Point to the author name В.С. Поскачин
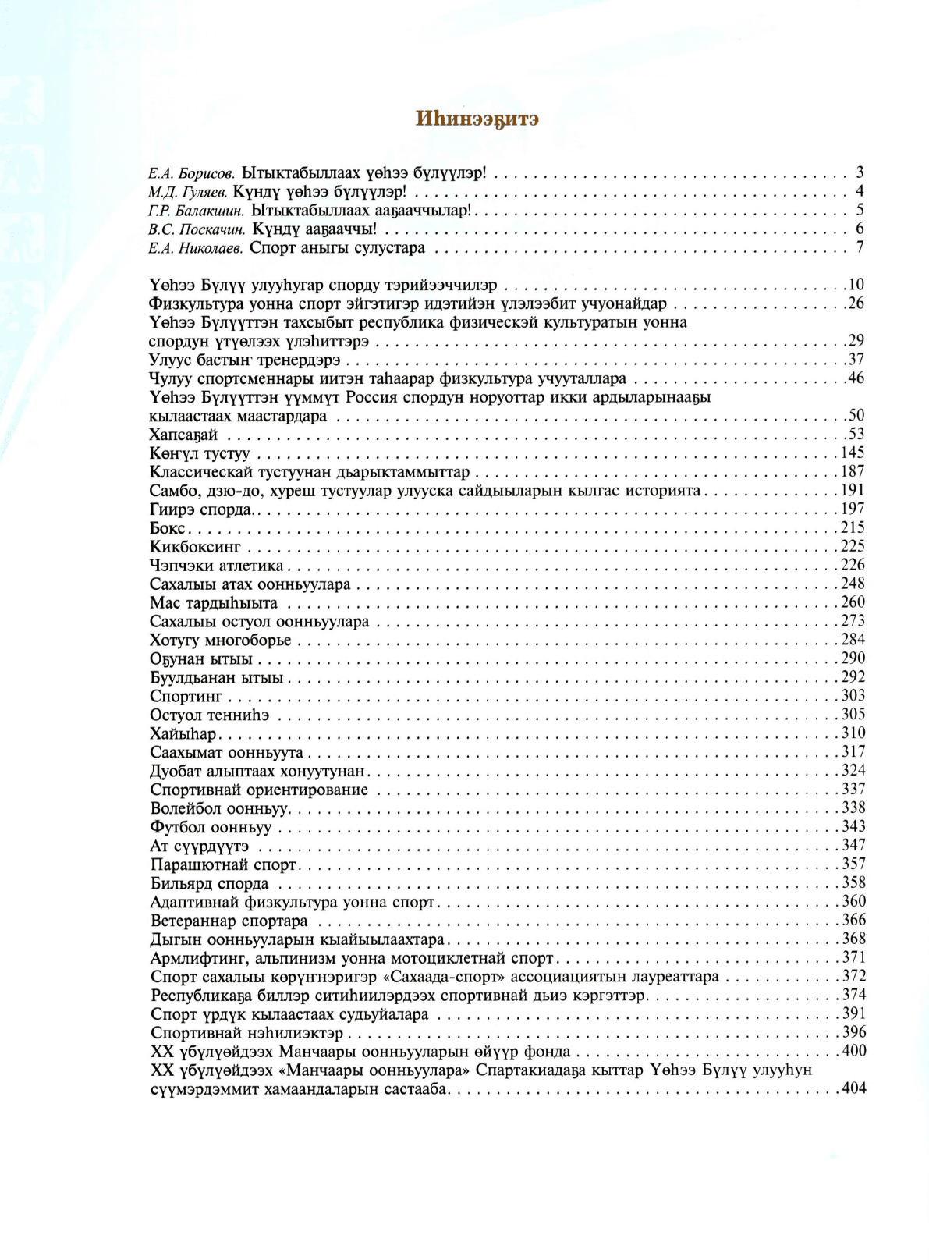[197, 229]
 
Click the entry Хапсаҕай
[183, 435]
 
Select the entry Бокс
[167, 528]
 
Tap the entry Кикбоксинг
[195, 547]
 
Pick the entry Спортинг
[186, 696]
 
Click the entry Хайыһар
[183, 733]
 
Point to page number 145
[852, 453]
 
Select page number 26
[856, 303]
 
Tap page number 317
[853, 752]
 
